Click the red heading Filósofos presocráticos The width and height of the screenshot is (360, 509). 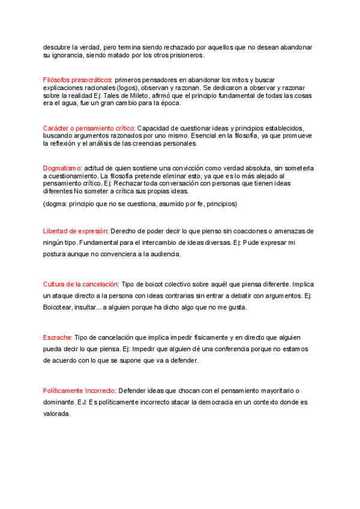pos(77,80)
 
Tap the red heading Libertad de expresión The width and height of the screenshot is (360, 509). pos(75,231)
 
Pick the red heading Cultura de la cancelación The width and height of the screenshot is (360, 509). pos(80,284)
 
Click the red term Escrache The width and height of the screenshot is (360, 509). pos(58,337)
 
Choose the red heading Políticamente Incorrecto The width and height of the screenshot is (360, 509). pos(79,390)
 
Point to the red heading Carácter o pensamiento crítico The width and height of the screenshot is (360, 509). pos(89,128)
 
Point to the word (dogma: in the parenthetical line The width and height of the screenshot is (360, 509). pos(55,204)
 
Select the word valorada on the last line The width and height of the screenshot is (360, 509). pos(56,414)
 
